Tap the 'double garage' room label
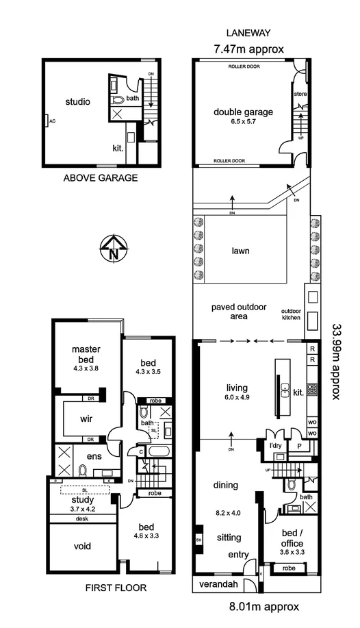[x=243, y=112]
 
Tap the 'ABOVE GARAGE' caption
[x=101, y=178]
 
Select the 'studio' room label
[x=77, y=102]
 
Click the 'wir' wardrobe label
[x=86, y=420]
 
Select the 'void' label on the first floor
[x=83, y=546]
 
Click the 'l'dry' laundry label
[x=276, y=445]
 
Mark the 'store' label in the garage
[x=300, y=93]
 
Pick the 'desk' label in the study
[x=82, y=518]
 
